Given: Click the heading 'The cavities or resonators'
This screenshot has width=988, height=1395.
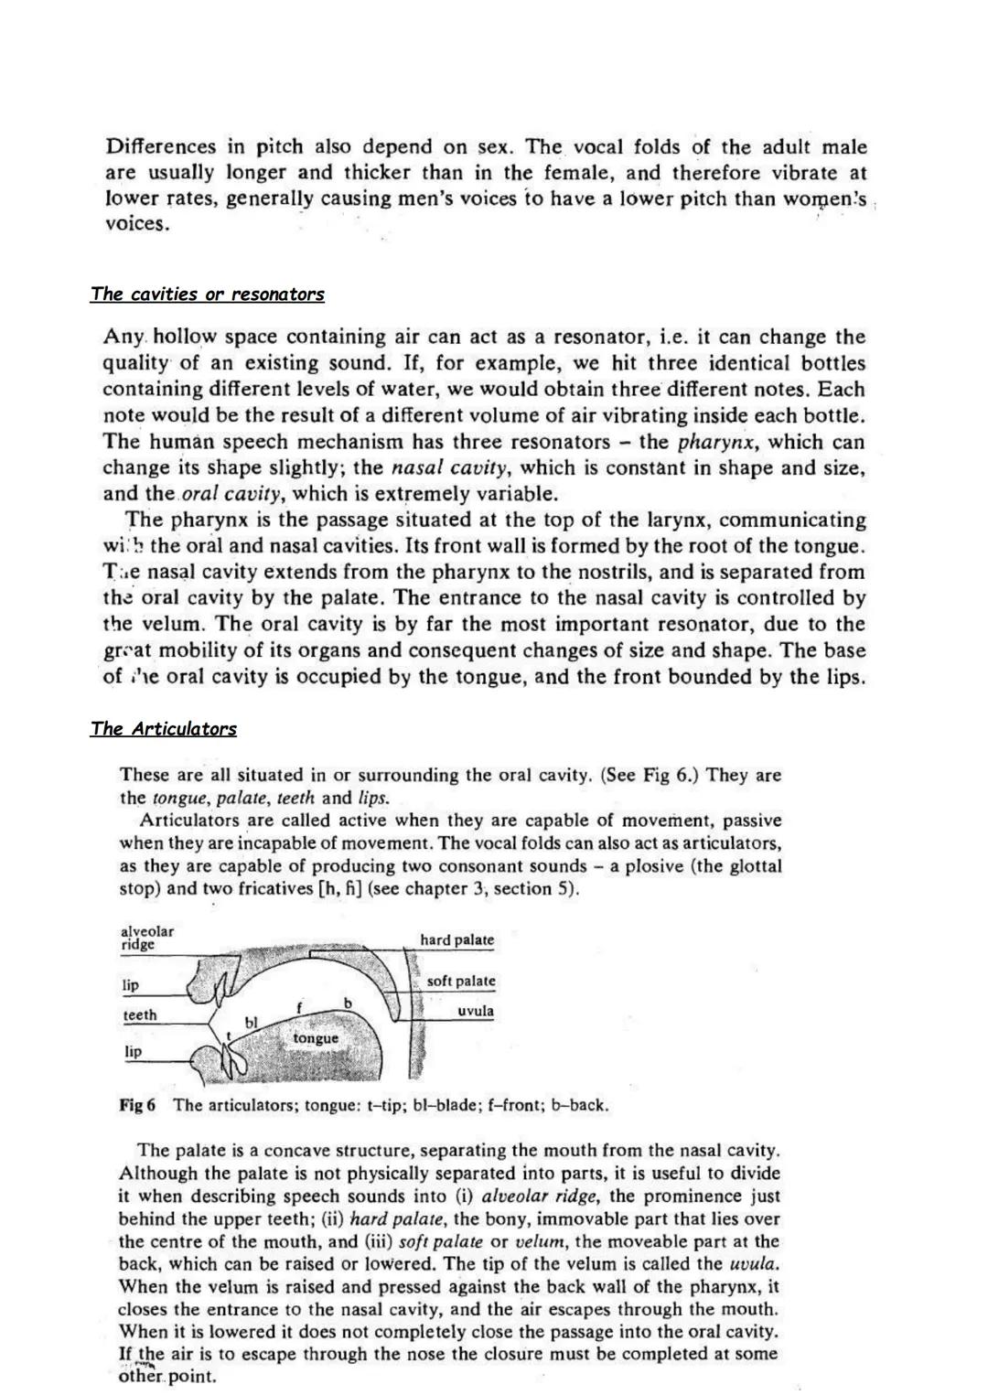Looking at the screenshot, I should click(207, 295).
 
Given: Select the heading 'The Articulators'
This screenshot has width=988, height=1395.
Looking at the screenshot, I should click(163, 729).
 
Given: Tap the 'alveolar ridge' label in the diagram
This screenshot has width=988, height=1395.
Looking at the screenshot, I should click(146, 938).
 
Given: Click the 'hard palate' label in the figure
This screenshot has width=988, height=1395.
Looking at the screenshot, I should click(456, 940).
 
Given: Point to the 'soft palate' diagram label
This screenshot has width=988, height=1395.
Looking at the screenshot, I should click(461, 982).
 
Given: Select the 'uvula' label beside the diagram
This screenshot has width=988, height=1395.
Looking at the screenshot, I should click(476, 1012).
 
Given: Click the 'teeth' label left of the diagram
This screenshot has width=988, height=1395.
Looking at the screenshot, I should click(140, 1015).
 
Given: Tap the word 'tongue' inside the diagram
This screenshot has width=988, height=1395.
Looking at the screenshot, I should click(316, 1038).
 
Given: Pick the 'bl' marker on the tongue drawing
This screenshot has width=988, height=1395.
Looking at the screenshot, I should click(251, 1021).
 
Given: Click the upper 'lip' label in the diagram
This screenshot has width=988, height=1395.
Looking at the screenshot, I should click(131, 985).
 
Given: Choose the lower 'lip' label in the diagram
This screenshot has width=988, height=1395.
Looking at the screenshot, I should click(134, 1052).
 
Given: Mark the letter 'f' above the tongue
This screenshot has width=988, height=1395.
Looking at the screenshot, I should click(299, 1007).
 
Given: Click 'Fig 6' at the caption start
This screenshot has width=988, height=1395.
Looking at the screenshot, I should click(137, 1105).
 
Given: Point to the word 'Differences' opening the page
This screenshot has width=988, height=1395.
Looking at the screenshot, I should click(161, 147).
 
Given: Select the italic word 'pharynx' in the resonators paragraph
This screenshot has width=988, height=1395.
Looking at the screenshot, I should click(718, 443).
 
